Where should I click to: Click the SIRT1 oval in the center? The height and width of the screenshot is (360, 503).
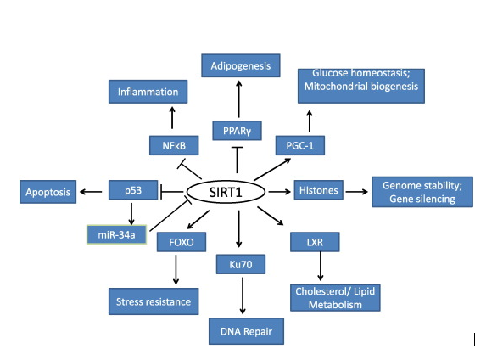click(x=226, y=192)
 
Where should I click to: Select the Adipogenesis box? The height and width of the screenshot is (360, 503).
click(x=241, y=65)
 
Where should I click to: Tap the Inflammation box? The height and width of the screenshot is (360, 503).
click(x=148, y=92)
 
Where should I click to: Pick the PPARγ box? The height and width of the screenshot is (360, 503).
click(x=237, y=131)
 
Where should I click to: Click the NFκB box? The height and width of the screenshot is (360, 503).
click(x=174, y=145)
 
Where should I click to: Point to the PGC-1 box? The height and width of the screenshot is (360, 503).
click(x=300, y=145)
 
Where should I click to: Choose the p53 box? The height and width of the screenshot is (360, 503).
click(x=133, y=190)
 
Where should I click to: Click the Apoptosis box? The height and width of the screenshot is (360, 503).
click(x=48, y=192)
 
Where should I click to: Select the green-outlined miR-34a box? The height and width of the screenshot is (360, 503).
click(x=116, y=234)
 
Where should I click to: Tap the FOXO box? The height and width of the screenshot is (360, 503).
click(x=182, y=242)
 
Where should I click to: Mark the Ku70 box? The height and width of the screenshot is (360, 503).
click(x=241, y=264)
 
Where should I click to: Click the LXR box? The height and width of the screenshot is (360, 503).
click(x=315, y=242)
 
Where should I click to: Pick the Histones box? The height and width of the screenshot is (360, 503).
click(x=319, y=190)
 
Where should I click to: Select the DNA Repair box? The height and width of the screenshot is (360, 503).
click(x=246, y=331)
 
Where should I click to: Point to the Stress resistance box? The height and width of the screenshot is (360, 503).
click(x=154, y=301)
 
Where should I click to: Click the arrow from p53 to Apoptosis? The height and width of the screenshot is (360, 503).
click(x=91, y=192)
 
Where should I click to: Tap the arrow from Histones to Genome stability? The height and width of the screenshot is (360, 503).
click(x=357, y=192)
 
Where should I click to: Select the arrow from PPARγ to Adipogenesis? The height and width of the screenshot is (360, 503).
click(x=238, y=98)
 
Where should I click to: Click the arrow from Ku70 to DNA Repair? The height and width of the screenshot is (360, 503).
click(x=243, y=295)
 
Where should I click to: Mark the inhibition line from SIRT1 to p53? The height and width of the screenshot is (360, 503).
click(x=171, y=192)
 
